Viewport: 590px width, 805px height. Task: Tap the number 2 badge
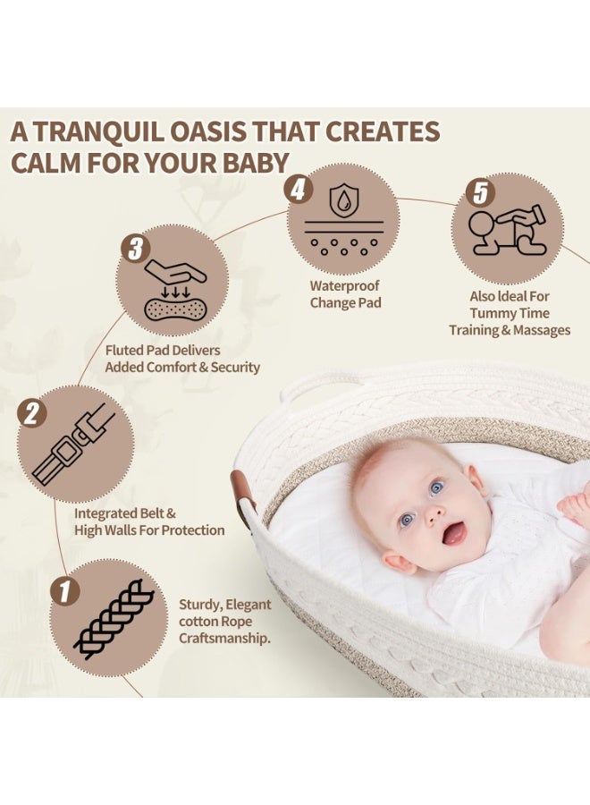pyautogui.click(x=31, y=412)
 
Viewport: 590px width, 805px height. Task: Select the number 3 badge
pyautogui.click(x=134, y=248)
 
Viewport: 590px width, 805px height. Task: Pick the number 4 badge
pyautogui.click(x=298, y=189)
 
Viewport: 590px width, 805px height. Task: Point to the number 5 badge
pyautogui.click(x=481, y=191)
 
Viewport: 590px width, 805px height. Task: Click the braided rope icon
pyautogui.click(x=112, y=618)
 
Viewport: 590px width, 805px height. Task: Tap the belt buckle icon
pyautogui.click(x=75, y=444)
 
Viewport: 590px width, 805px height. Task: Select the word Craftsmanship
pyautogui.click(x=224, y=638)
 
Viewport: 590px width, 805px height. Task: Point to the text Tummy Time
pyautogui.click(x=510, y=313)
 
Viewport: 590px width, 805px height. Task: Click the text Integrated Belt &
pyautogui.click(x=125, y=513)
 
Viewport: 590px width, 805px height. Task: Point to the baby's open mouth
pyautogui.click(x=454, y=534)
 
